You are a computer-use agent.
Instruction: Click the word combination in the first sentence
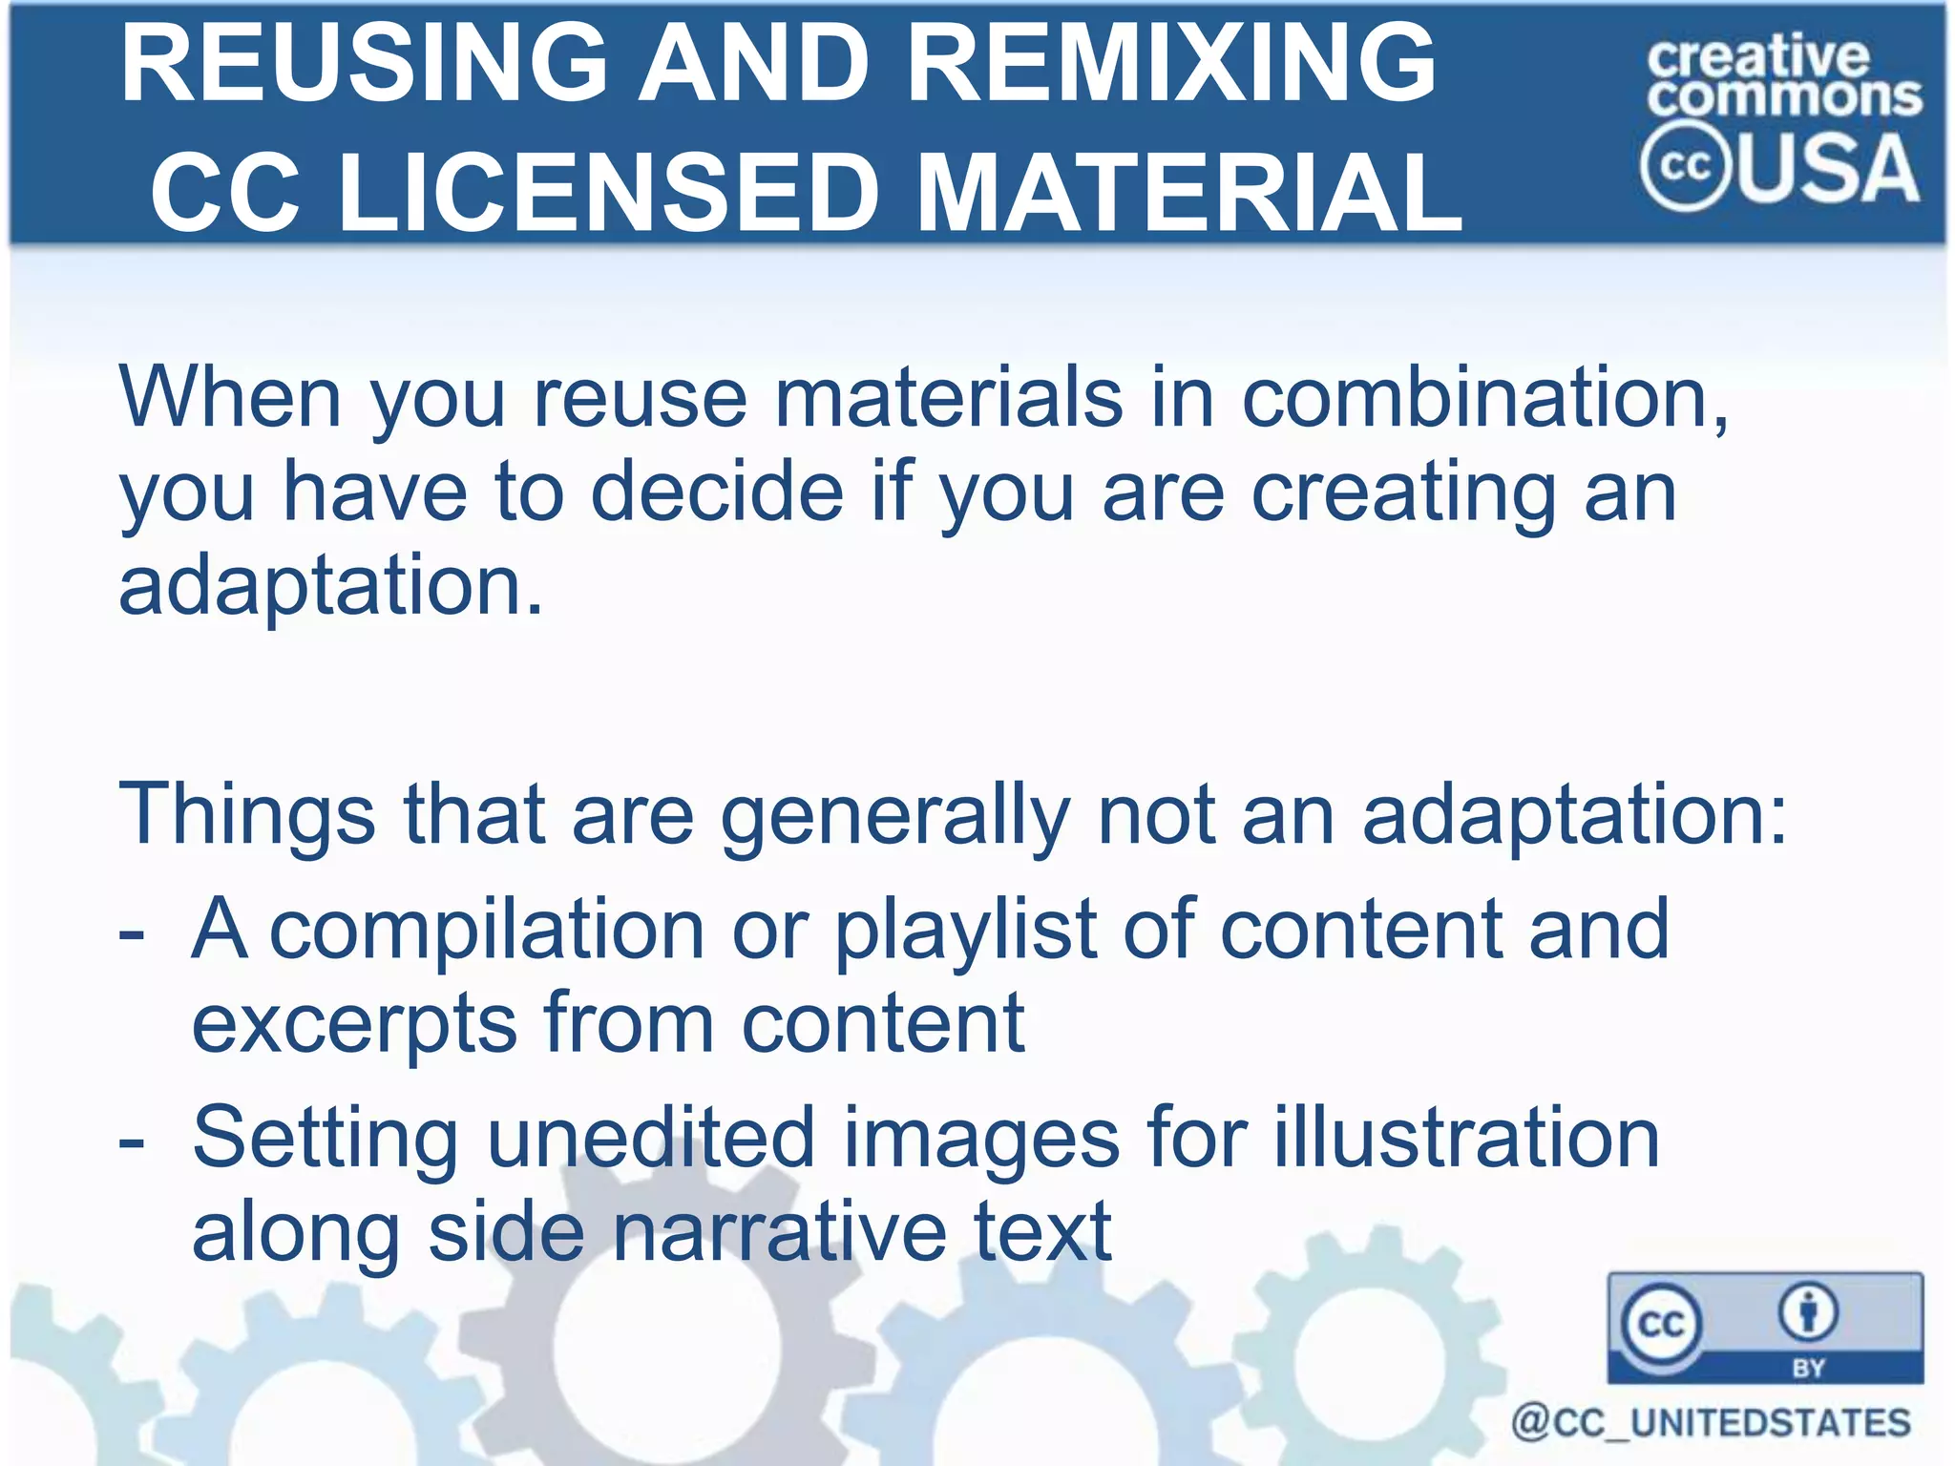[x=1484, y=398]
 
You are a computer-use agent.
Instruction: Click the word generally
[x=894, y=816]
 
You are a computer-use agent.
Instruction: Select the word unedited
[x=651, y=1139]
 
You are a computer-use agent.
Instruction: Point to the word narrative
[x=779, y=1231]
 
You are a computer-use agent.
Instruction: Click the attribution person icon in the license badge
[x=1808, y=1312]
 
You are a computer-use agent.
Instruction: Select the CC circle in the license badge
[x=1661, y=1325]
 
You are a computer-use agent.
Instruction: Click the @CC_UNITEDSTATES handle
[x=1711, y=1423]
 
